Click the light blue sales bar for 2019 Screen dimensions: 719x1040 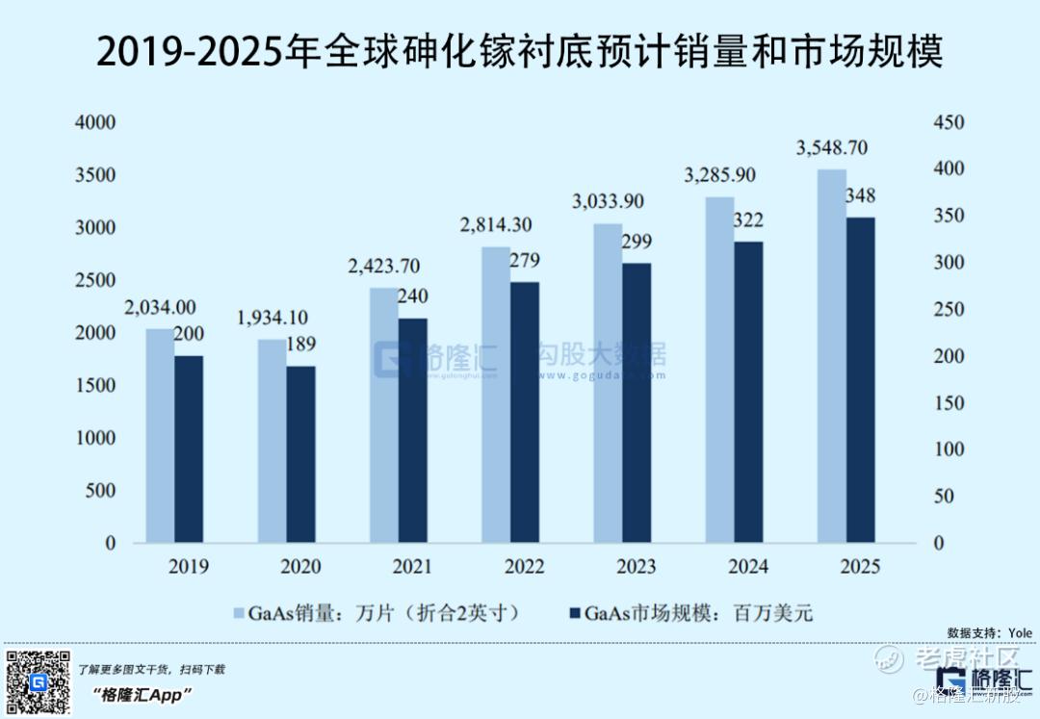pos(160,435)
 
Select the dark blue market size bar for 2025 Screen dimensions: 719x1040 pos(861,379)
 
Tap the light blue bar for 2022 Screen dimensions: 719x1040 pos(496,395)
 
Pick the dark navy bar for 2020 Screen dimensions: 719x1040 pos(300,453)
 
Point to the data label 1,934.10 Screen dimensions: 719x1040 pos(273,318)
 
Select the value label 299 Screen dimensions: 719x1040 pos(636,241)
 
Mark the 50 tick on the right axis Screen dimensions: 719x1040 pos(948,497)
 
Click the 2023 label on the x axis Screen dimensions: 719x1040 pos(636,566)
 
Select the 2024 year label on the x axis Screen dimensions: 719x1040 pos(747,566)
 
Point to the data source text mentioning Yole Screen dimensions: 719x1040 pos(989,632)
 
